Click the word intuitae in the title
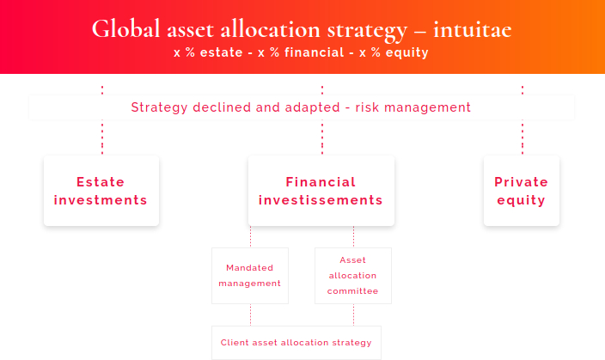[x=473, y=30]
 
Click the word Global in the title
[x=125, y=29]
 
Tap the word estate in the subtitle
[x=221, y=52]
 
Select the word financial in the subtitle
[x=314, y=52]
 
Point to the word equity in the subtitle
[x=407, y=53]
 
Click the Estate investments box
[x=101, y=191]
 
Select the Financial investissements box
[x=321, y=191]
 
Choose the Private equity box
[x=522, y=191]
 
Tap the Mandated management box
[x=250, y=276]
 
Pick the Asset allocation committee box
[x=353, y=276]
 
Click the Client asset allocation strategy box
[x=296, y=343]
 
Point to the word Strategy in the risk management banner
[x=159, y=107]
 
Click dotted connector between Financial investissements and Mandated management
[x=250, y=237]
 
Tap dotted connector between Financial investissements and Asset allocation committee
[x=353, y=237]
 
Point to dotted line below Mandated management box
[x=250, y=314]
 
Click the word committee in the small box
[x=352, y=291]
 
